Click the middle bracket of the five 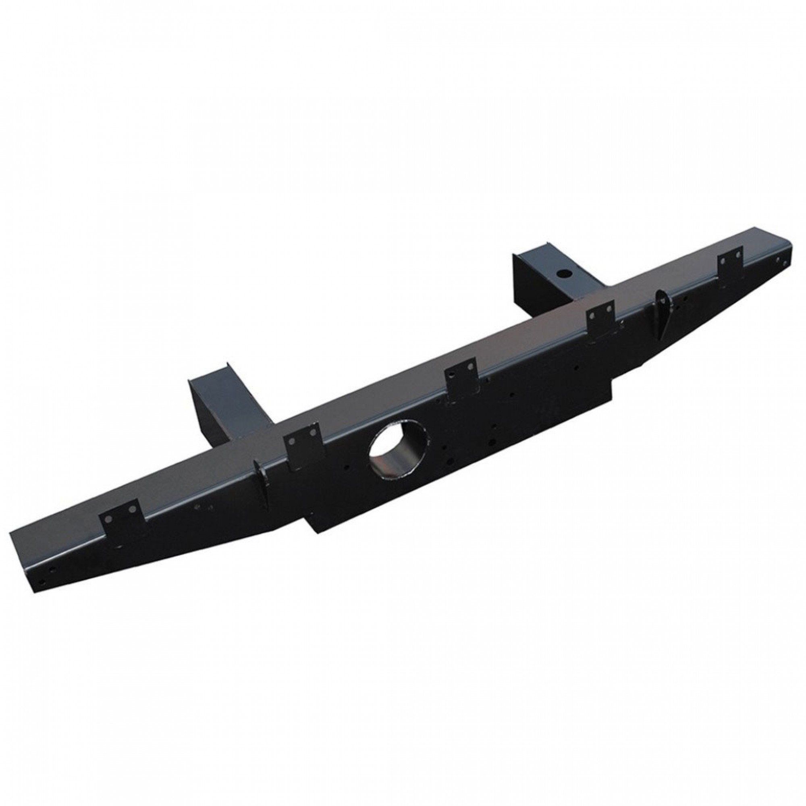point(461,380)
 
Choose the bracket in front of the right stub point(600,317)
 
